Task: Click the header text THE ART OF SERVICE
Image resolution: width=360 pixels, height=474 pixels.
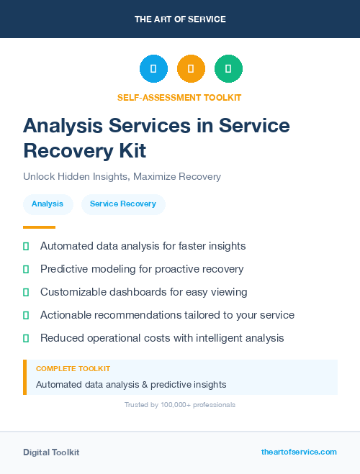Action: coord(180,19)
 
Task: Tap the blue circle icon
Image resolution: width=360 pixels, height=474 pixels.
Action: coord(153,69)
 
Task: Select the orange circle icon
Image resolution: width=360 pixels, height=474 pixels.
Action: coord(191,69)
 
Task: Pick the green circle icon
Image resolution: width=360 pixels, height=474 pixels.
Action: coord(228,69)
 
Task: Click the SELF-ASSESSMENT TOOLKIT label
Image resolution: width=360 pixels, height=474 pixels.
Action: coord(180,97)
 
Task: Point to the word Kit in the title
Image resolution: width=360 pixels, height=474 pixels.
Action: coord(131,150)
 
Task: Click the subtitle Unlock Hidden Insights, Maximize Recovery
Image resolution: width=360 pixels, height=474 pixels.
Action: coord(122,176)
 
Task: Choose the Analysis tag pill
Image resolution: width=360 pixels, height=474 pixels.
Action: coord(48,204)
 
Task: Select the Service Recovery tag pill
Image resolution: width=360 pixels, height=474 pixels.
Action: coord(123,204)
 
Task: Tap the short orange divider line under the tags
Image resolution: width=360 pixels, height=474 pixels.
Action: coord(39,227)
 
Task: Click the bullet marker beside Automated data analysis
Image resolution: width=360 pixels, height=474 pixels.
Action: coord(26,246)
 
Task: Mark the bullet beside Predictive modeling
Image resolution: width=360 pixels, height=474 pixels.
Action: coord(26,269)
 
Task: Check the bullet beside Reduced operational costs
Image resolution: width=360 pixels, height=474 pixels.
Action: coord(26,338)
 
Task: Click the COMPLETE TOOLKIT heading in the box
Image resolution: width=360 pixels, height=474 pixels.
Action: coord(73,369)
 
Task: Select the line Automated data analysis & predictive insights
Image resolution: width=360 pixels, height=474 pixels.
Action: coord(131,384)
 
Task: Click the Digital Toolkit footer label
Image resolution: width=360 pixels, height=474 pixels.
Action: coord(51,452)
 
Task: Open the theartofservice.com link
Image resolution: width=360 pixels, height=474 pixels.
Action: coord(299,452)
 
